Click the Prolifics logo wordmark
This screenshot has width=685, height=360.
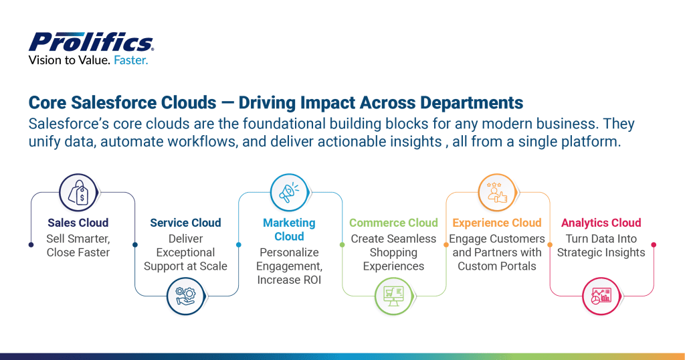pyautogui.click(x=91, y=42)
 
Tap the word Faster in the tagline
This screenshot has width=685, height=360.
pyautogui.click(x=130, y=60)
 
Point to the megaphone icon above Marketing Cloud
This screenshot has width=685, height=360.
pyautogui.click(x=290, y=193)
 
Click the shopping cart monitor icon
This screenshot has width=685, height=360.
pyautogui.click(x=393, y=295)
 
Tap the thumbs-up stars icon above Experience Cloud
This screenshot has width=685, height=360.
pyautogui.click(x=496, y=193)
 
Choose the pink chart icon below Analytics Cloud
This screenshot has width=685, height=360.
pyautogui.click(x=600, y=295)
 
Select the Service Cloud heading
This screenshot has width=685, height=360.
pyautogui.click(x=185, y=223)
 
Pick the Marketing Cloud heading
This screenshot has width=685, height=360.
pyautogui.click(x=289, y=230)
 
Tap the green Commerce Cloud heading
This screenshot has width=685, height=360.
pyautogui.click(x=393, y=223)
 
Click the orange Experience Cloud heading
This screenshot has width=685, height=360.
pyautogui.click(x=497, y=223)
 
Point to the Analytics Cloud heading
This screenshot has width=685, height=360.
pyautogui.click(x=601, y=223)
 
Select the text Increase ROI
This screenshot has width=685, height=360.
pyautogui.click(x=288, y=280)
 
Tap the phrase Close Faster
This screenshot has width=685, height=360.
pyautogui.click(x=78, y=252)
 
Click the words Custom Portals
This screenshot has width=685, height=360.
pyautogui.click(x=497, y=266)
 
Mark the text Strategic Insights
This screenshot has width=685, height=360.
pyautogui.click(x=601, y=252)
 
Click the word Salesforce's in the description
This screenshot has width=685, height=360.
pyautogui.click(x=66, y=124)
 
